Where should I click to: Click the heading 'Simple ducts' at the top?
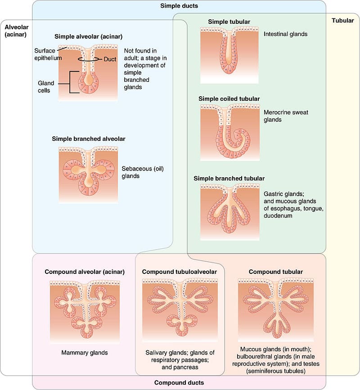click(179, 6)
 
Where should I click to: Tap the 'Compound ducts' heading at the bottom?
click(179, 383)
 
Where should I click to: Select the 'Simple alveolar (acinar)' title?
click(89, 36)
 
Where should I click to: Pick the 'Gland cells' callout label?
click(47, 86)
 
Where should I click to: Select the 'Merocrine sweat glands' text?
click(286, 116)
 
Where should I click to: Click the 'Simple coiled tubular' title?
click(229, 99)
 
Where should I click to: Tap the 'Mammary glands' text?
click(85, 353)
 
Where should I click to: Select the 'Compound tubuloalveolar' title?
click(179, 272)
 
